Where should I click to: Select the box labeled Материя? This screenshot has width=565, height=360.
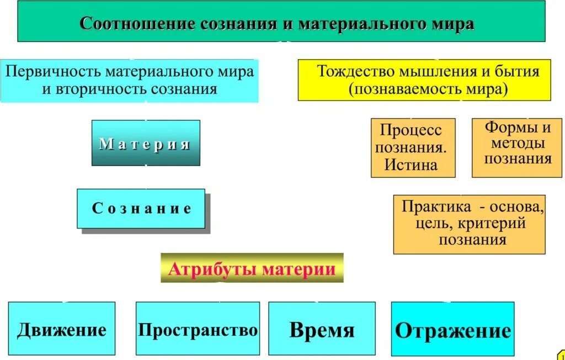tap(146, 144)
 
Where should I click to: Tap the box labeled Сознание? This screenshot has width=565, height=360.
tap(141, 209)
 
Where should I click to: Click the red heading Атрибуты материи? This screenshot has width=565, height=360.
tap(252, 269)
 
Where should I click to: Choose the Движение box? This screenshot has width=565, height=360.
tap(62, 329)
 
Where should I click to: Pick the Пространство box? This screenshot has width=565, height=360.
tap(198, 329)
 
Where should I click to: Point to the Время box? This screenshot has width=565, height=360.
tap(322, 330)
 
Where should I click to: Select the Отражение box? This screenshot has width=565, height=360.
tap(452, 330)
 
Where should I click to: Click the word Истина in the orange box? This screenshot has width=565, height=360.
tap(411, 165)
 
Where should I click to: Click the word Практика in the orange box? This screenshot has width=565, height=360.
tap(436, 207)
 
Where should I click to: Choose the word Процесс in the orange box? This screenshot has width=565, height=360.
tap(411, 130)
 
